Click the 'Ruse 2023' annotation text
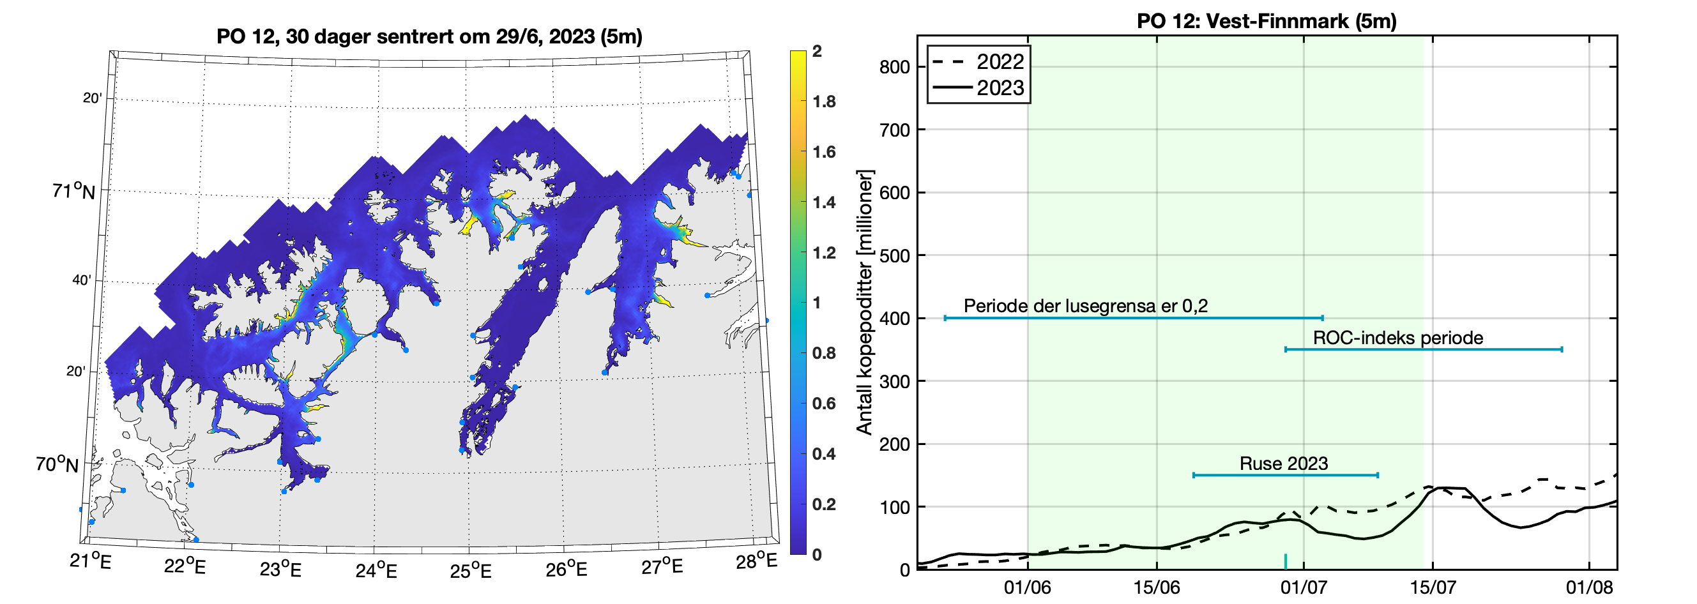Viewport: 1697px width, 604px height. coord(1283,464)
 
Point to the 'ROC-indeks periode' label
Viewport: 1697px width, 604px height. coord(1398,338)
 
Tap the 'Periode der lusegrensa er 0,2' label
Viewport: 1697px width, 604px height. coord(1086,306)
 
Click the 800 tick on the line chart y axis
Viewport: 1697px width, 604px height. coord(894,67)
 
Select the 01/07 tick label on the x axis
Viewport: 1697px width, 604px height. coord(1302,587)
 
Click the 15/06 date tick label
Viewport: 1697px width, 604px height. coord(1156,587)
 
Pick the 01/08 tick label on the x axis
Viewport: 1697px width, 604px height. coord(1588,587)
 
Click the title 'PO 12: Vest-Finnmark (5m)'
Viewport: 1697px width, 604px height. coord(1266,21)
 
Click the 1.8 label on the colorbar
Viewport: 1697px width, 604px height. coord(823,102)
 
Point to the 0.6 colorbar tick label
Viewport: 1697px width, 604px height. coord(823,404)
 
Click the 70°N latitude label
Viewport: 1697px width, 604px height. coord(57,464)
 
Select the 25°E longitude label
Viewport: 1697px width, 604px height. coord(470,570)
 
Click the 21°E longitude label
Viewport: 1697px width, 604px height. coord(90,561)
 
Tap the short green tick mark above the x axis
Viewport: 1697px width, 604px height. coord(1285,561)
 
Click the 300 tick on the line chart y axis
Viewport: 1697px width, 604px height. coord(894,381)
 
